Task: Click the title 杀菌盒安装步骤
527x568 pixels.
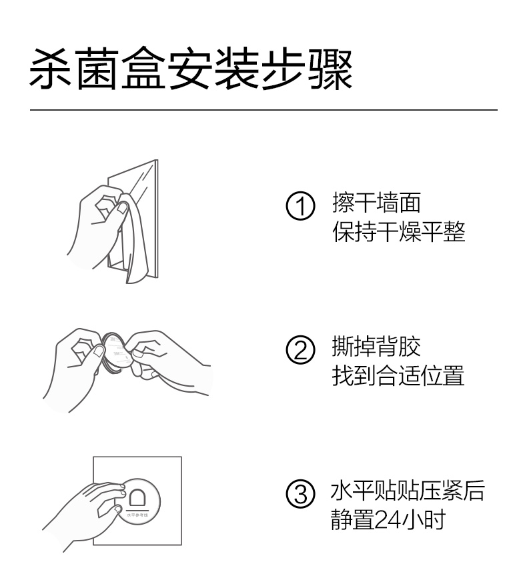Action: [191, 69]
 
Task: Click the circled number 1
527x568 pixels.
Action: [300, 206]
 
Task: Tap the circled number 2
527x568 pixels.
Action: [300, 349]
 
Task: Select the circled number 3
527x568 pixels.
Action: [300, 493]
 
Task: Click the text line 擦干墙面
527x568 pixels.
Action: [376, 202]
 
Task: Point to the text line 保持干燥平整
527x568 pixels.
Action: [399, 231]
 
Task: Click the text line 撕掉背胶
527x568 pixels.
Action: [376, 346]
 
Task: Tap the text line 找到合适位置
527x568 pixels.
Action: [398, 375]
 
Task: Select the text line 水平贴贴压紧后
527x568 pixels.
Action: [408, 490]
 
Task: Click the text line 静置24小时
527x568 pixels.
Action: [388, 519]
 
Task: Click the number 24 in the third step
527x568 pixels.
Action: [388, 520]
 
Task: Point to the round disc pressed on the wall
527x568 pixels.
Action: [139, 501]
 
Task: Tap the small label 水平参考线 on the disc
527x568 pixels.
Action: [137, 515]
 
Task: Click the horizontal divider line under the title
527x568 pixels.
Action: [263, 109]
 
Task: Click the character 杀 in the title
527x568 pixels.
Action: [51, 69]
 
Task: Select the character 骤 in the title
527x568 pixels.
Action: [331, 69]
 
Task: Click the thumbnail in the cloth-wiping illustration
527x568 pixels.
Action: [122, 207]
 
